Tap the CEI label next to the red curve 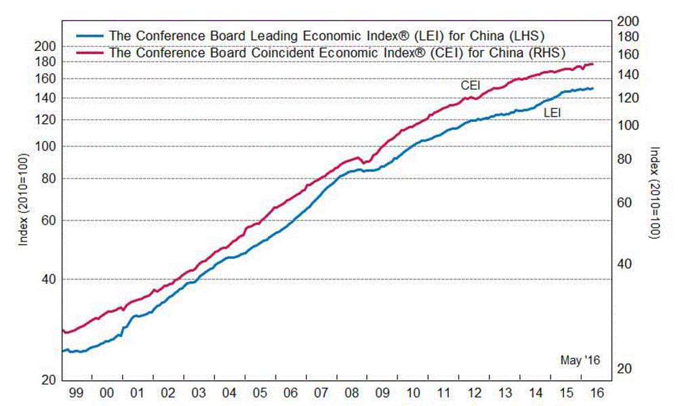click(471, 85)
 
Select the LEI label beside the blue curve click(552, 113)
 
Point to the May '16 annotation click(581, 361)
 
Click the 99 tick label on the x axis click(77, 392)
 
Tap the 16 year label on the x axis click(597, 392)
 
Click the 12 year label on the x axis click(474, 392)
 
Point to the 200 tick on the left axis click(45, 46)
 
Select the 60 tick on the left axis click(48, 220)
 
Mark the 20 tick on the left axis click(48, 380)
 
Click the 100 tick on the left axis click(45, 146)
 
